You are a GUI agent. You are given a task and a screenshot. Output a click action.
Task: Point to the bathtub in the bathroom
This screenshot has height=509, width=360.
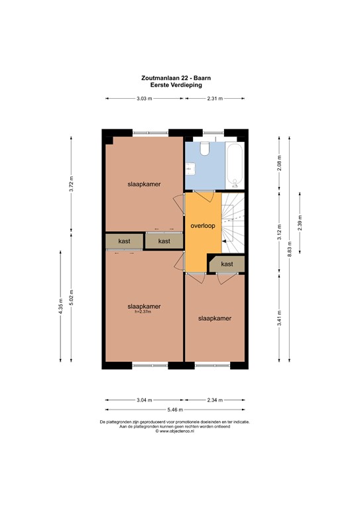click(235, 164)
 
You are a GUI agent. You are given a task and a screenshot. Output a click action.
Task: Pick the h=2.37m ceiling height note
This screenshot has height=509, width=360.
click(145, 312)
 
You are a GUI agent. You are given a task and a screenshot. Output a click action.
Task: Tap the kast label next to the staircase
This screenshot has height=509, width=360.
click(227, 264)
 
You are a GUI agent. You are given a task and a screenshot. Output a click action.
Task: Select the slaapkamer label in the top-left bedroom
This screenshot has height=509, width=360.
click(145, 184)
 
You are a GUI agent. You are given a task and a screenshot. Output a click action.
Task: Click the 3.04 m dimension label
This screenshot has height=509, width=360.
click(144, 400)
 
